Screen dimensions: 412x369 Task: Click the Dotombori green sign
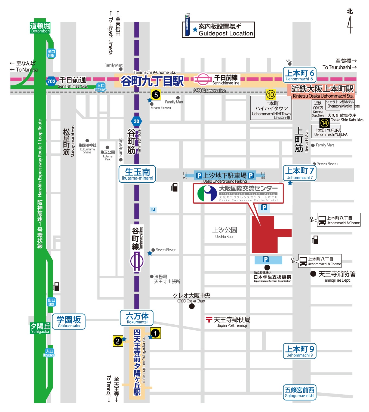(40, 27)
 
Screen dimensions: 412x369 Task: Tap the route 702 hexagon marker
(51, 81)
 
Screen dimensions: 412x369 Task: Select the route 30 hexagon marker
(136, 121)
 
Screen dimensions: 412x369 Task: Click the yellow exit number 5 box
(156, 95)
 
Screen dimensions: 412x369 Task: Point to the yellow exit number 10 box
(271, 95)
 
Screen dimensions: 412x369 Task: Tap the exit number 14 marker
(324, 123)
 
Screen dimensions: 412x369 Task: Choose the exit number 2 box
(118, 341)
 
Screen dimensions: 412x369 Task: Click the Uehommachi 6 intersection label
(299, 75)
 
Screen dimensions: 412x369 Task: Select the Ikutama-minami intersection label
(137, 174)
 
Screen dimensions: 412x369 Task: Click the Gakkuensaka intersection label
(69, 321)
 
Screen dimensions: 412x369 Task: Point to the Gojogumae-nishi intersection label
(299, 392)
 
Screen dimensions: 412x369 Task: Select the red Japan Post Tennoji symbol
(209, 319)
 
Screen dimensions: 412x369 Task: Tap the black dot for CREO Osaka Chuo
(192, 306)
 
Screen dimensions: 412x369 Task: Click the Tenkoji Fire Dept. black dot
(313, 273)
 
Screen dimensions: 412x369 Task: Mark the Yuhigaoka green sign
(40, 328)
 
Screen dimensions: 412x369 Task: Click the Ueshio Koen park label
(225, 232)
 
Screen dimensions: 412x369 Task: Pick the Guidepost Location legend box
(218, 30)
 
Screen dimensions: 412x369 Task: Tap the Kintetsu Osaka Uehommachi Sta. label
(322, 91)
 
